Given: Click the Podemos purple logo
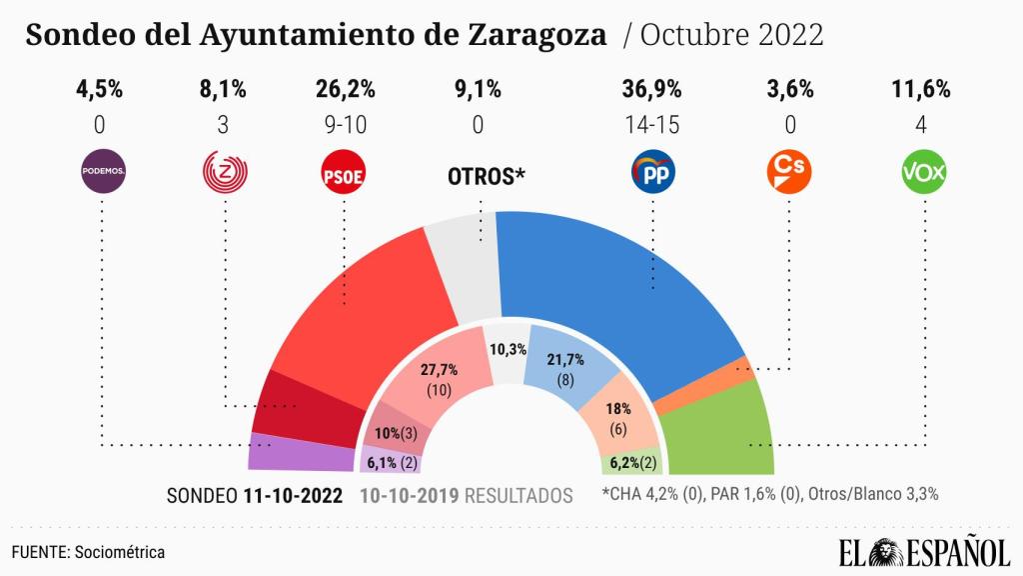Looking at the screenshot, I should click(x=101, y=172).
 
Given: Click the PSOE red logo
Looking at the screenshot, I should click(x=345, y=173).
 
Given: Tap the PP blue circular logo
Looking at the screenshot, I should click(x=654, y=173).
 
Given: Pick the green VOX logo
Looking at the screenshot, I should click(x=924, y=173).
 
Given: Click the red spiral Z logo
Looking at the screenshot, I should click(x=225, y=172).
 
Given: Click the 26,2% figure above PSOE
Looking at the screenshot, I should click(x=345, y=89).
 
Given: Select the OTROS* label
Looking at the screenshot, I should click(x=486, y=178).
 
